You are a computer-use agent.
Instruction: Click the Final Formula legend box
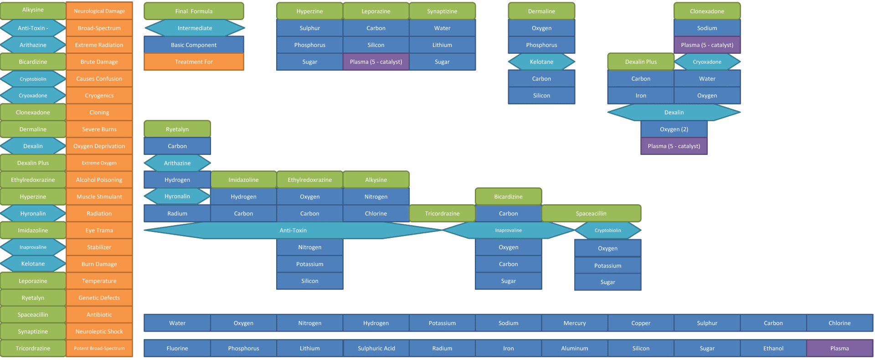tap(194, 11)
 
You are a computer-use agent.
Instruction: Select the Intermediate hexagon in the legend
tap(195, 28)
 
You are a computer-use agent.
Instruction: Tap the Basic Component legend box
tap(194, 45)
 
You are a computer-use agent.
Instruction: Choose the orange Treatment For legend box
tap(194, 62)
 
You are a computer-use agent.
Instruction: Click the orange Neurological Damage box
tap(99, 11)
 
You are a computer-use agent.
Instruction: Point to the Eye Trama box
tap(99, 230)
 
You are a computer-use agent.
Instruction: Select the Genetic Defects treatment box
tap(99, 298)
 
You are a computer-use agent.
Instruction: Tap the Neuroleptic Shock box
tap(99, 331)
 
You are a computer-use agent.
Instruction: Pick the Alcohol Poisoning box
tap(99, 180)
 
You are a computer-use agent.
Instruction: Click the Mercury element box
tap(575, 323)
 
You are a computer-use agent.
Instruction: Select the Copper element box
tap(641, 323)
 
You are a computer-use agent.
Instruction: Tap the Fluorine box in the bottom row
tap(177, 348)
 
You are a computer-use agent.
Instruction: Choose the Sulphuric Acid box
tap(376, 348)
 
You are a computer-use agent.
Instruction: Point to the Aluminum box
tap(575, 348)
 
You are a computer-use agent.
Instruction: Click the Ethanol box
tap(773, 348)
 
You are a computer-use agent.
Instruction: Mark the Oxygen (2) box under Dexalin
tap(674, 129)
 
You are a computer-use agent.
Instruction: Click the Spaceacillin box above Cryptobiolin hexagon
tap(591, 213)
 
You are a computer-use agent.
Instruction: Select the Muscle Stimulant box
tap(99, 196)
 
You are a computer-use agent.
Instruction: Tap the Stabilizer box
tap(99, 247)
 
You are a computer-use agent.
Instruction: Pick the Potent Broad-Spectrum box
tap(99, 348)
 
